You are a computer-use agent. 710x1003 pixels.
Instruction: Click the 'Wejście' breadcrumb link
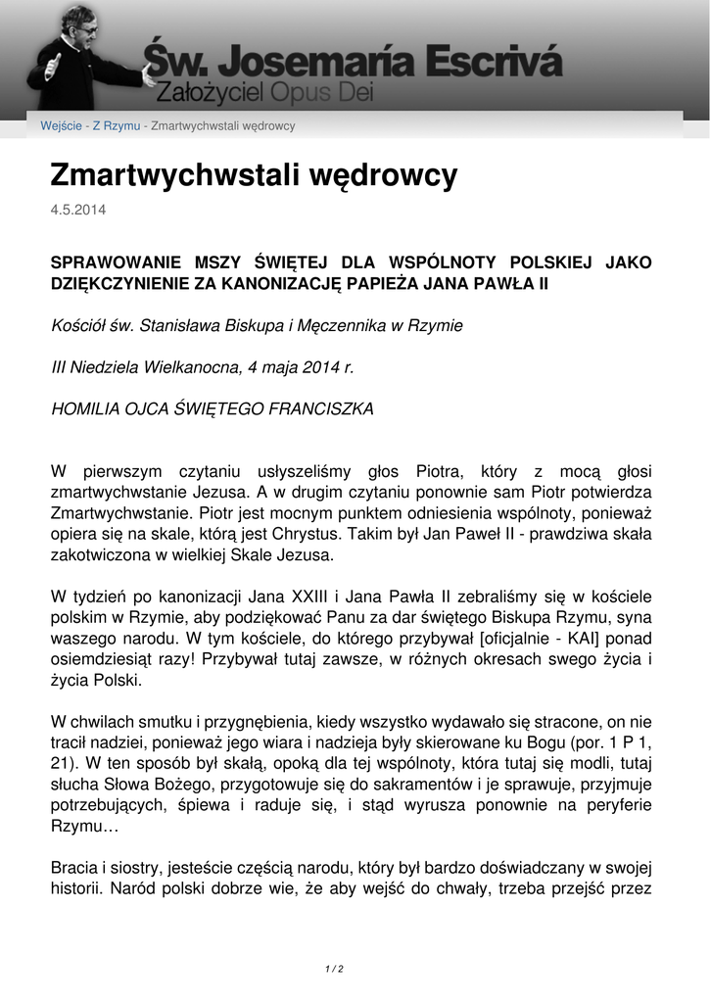(x=62, y=126)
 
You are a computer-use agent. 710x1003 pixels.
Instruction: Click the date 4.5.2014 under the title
(x=78, y=210)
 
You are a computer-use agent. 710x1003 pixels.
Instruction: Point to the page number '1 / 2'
(x=334, y=969)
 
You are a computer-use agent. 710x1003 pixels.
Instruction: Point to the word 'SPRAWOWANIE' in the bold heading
(x=115, y=263)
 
